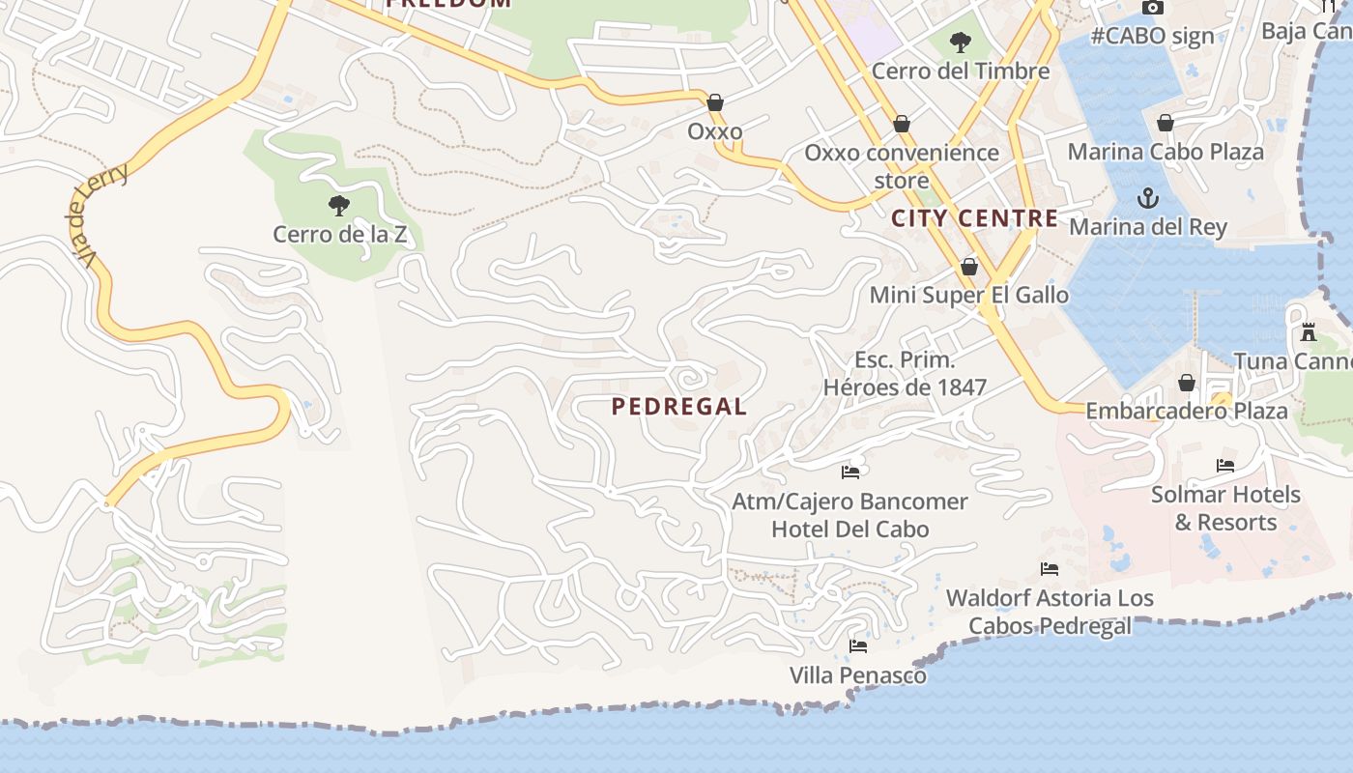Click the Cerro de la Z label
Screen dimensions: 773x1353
click(339, 234)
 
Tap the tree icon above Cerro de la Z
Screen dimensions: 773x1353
click(338, 205)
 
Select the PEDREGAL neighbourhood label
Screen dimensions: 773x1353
click(679, 407)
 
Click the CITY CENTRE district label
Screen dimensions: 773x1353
click(974, 218)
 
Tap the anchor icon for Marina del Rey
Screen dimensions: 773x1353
click(1147, 199)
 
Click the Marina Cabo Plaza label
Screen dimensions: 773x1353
click(1165, 152)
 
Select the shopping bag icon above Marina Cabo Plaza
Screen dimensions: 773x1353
click(1166, 123)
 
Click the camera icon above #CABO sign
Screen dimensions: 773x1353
click(1152, 7)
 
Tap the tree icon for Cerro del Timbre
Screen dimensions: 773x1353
click(960, 43)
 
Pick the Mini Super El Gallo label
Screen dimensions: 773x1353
click(969, 295)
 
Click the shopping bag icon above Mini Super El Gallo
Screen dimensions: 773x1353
click(969, 267)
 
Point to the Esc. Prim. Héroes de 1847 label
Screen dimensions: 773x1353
click(905, 374)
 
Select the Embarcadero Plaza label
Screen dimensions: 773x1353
click(1187, 411)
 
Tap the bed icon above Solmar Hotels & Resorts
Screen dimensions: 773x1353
click(1224, 466)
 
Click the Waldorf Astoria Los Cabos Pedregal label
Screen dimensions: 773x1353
click(1050, 612)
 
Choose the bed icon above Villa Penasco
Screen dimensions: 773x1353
click(857, 645)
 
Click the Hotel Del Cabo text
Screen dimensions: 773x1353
click(849, 530)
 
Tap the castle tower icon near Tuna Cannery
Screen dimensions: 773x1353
click(1309, 332)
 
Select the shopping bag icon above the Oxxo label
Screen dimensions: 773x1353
click(715, 102)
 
